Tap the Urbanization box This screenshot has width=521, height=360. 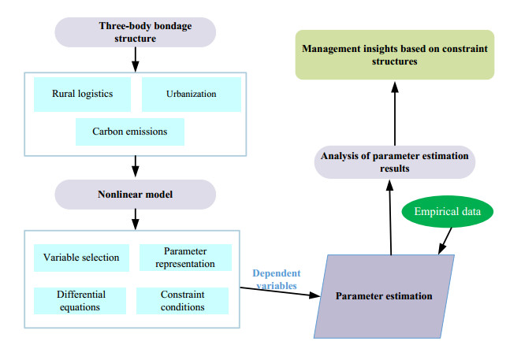[191, 95]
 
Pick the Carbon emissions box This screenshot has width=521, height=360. [130, 132]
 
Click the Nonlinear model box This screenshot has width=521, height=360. [136, 194]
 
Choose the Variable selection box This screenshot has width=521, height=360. [81, 258]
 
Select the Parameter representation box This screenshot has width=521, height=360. [186, 258]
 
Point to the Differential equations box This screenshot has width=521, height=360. [81, 300]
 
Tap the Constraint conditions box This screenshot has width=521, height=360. [182, 300]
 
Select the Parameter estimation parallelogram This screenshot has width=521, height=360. [385, 297]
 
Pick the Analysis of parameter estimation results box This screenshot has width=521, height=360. [395, 161]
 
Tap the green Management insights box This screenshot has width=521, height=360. [395, 55]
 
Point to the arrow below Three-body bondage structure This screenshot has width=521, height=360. [136, 58]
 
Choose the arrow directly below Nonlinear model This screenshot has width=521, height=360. [136, 218]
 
